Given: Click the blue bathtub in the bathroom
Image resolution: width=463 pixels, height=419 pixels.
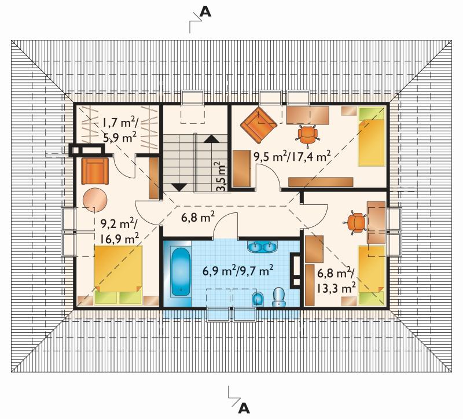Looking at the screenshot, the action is [x=181, y=271].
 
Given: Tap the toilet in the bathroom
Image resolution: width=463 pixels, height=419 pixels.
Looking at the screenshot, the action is [x=278, y=297].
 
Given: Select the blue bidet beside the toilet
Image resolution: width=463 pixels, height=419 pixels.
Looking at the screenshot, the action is [x=258, y=299].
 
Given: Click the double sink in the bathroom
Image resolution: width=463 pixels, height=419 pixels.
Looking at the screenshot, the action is [x=263, y=247].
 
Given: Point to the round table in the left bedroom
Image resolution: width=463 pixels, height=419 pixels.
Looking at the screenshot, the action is [x=94, y=200].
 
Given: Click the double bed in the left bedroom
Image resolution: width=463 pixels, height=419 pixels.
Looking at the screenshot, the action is [x=118, y=275].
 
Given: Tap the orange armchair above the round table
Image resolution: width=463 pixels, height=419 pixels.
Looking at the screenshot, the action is [x=94, y=171].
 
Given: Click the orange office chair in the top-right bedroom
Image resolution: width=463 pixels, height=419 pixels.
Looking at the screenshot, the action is [x=308, y=135].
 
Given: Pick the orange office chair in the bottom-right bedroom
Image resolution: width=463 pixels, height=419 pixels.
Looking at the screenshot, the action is [x=355, y=222].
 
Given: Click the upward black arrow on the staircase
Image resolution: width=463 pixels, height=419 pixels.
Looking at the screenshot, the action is [x=211, y=139].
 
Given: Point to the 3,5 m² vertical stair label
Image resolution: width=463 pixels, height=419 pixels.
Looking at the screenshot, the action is [x=222, y=177].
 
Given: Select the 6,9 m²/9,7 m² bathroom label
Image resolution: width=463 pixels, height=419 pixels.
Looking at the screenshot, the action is [x=238, y=270].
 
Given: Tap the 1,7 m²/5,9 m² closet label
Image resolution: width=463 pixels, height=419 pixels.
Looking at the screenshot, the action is [x=119, y=129].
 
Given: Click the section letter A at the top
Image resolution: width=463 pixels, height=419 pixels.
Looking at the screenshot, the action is [x=205, y=12].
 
